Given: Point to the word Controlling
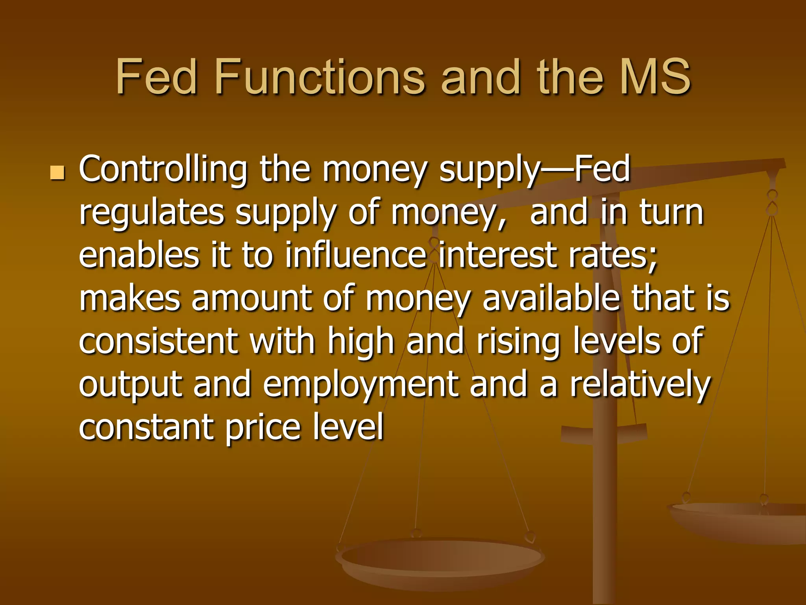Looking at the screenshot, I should tap(163, 169).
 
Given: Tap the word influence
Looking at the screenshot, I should tap(356, 255).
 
